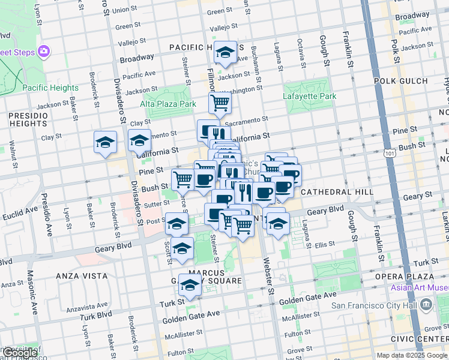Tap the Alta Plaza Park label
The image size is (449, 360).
[x=168, y=104]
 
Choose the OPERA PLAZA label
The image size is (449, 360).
[x=411, y=276]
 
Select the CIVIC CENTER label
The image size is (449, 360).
[x=423, y=338]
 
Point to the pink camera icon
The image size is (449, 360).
[x=44, y=52]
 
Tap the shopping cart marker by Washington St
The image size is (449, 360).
[x=220, y=103]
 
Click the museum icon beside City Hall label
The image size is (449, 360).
[x=426, y=304]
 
